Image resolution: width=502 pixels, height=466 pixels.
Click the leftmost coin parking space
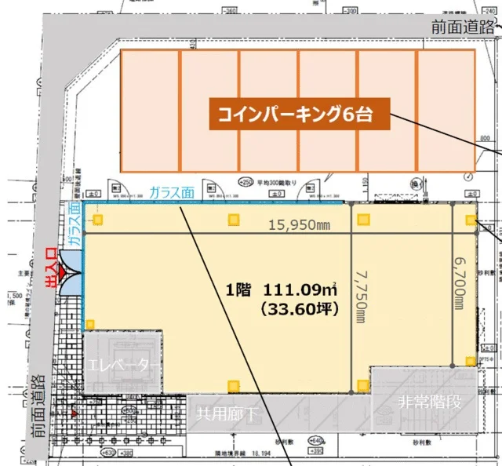point(151,111)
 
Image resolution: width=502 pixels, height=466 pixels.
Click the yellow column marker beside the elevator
point(90,324)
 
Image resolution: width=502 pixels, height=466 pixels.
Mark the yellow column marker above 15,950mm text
point(233,220)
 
